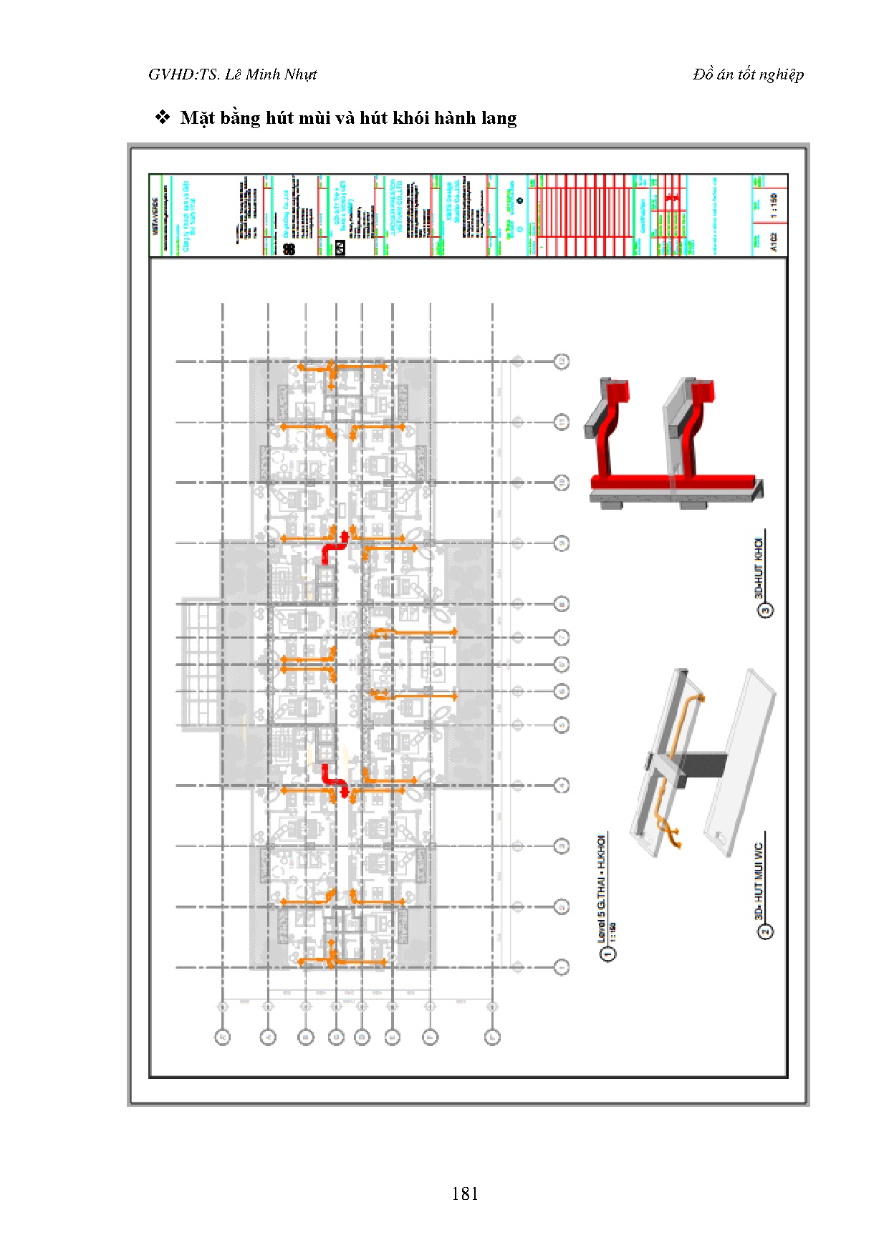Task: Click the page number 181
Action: (465, 1193)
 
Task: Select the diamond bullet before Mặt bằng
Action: (163, 117)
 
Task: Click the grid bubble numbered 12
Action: (562, 362)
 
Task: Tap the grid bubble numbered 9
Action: (562, 543)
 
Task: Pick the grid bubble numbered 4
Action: (562, 786)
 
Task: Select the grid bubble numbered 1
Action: (562, 967)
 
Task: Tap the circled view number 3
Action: (766, 611)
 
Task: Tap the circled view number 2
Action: (766, 931)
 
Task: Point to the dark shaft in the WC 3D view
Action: (702, 764)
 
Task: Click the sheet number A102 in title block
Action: (773, 245)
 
